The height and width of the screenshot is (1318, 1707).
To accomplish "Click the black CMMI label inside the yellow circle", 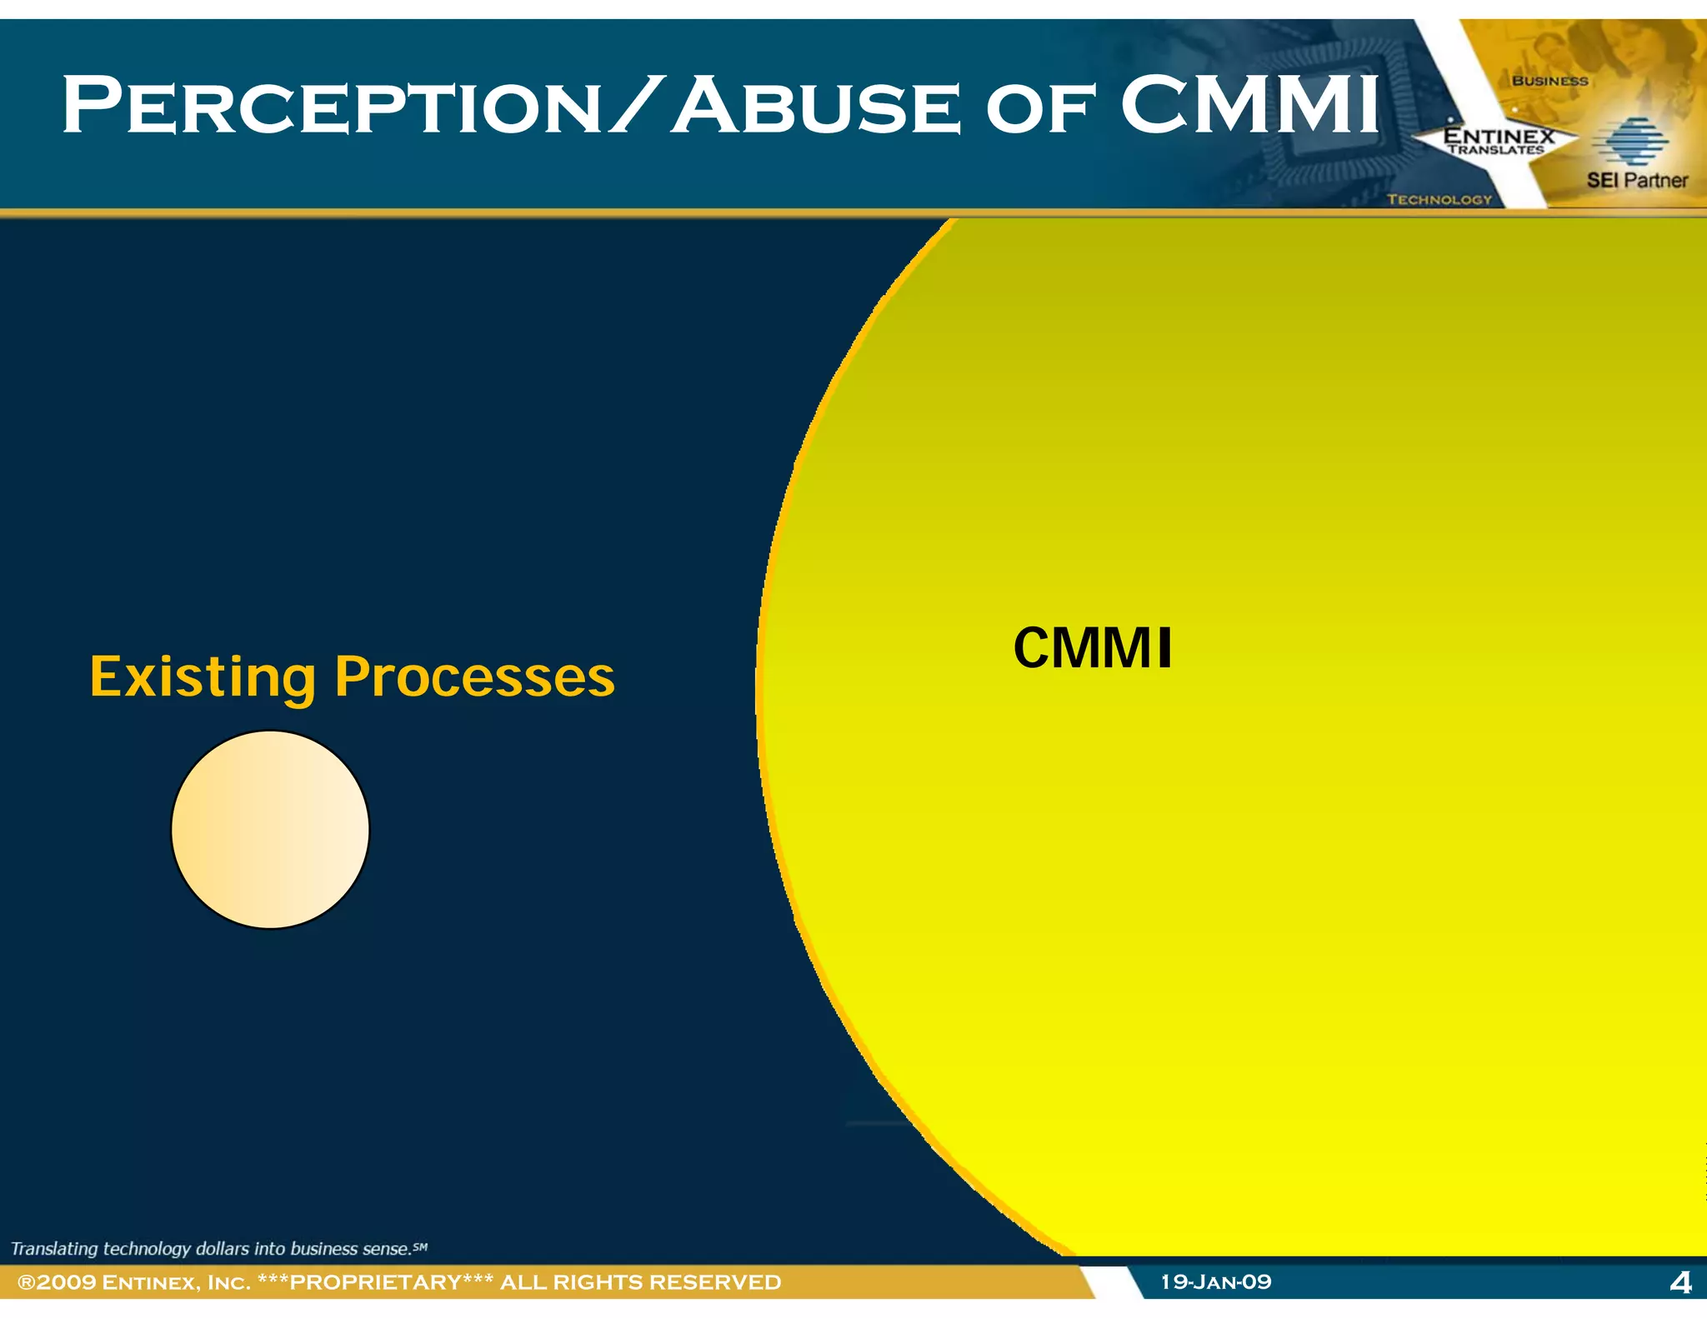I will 1092,648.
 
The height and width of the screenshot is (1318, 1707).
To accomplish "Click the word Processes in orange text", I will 474,676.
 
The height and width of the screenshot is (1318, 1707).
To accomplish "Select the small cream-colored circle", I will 270,830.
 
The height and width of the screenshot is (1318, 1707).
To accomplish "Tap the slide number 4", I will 1680,1282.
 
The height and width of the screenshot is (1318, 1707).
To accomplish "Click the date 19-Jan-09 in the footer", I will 1216,1281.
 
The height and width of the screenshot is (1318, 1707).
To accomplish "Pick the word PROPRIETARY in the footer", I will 375,1282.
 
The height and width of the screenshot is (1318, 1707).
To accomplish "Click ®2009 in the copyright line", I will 56,1282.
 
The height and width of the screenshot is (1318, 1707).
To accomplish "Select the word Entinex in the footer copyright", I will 151,1282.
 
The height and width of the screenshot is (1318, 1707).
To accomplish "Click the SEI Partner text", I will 1636,180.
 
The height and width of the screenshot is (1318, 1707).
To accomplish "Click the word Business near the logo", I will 1549,81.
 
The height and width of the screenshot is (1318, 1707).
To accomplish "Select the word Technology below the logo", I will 1439,199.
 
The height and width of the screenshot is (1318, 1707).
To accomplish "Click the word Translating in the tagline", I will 54,1248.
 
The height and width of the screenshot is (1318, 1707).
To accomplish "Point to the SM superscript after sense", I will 420,1246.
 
